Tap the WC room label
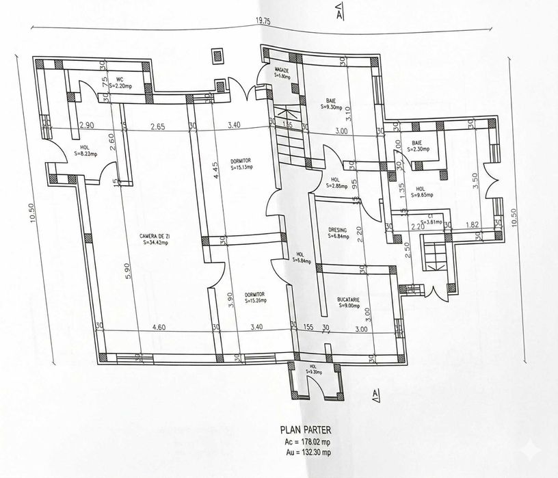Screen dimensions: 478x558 pos(119,79)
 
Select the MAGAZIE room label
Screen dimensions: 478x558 pos(282,70)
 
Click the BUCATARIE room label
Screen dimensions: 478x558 pos(349,300)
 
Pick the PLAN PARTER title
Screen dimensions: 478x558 pos(305,430)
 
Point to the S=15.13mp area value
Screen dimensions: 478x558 pos(241,166)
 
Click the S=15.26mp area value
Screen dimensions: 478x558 pos(254,300)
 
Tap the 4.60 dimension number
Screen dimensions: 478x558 pos(159,328)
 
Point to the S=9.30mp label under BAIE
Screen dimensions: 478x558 pos(332,107)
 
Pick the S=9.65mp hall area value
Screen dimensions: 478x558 pos(422,194)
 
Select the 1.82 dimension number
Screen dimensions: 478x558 pos(471,224)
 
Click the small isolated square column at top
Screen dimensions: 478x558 pos(218,55)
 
